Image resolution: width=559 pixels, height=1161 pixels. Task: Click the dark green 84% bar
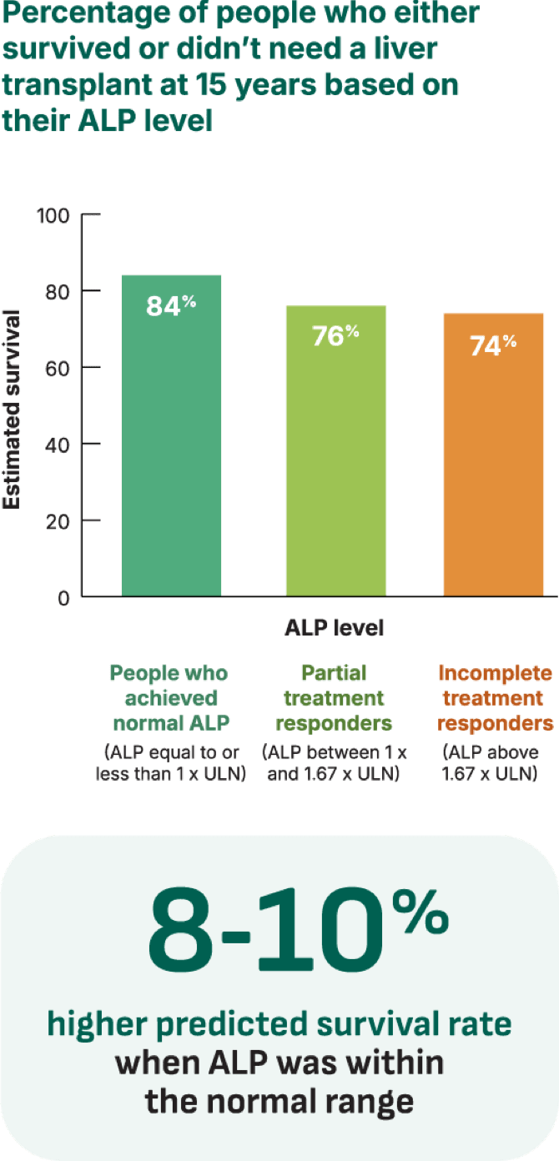(171, 450)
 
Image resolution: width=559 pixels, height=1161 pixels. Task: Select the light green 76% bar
(335, 467)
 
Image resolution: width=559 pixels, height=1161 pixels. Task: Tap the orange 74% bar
(494, 471)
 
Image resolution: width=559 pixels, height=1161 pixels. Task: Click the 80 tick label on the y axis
(58, 291)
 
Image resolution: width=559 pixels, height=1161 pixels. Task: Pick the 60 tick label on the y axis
(58, 367)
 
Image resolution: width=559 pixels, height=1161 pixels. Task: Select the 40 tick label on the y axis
(58, 444)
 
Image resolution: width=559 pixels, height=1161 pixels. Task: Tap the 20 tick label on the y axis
(58, 520)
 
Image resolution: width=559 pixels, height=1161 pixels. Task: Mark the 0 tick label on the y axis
(63, 597)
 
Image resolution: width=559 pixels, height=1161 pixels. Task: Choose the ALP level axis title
(335, 627)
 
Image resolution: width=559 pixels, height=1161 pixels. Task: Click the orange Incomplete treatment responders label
(495, 697)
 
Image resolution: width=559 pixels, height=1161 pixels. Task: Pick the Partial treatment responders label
(335, 697)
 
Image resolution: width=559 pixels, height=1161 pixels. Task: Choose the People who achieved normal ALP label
(170, 697)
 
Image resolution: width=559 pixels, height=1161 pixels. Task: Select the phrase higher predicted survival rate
(279, 1024)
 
